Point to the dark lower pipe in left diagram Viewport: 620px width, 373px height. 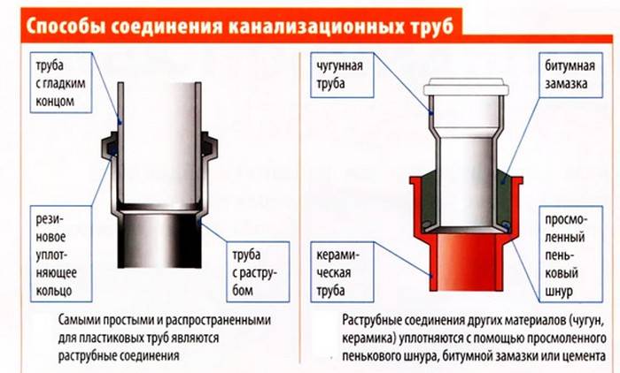pos(163,243)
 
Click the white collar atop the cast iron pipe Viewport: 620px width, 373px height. pos(467,88)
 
